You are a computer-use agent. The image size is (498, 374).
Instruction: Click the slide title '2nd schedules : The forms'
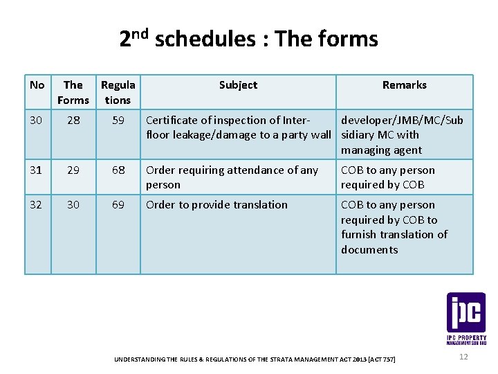(x=248, y=39)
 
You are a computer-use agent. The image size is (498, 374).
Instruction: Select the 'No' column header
(x=37, y=85)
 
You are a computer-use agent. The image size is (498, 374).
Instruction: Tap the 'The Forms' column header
(x=73, y=92)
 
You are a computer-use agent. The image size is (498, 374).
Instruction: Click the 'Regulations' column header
(x=118, y=92)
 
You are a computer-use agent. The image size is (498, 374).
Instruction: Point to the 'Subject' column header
(x=238, y=85)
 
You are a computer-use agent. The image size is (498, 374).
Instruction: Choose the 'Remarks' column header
(x=405, y=85)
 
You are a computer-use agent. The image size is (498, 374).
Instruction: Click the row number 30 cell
(x=37, y=121)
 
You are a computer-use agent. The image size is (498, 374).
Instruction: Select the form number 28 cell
(x=73, y=121)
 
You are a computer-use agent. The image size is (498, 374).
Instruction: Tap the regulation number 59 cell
(x=118, y=121)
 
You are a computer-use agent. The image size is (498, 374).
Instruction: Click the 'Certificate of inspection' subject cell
(x=238, y=127)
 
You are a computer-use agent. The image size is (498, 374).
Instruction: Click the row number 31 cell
(x=37, y=170)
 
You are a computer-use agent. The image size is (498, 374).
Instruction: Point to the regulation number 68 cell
(x=118, y=170)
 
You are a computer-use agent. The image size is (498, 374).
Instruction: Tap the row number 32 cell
(x=37, y=204)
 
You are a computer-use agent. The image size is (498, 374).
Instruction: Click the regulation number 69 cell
(x=118, y=204)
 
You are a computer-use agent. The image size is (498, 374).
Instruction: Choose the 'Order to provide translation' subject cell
(x=216, y=204)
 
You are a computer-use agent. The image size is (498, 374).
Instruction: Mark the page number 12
(x=463, y=356)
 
